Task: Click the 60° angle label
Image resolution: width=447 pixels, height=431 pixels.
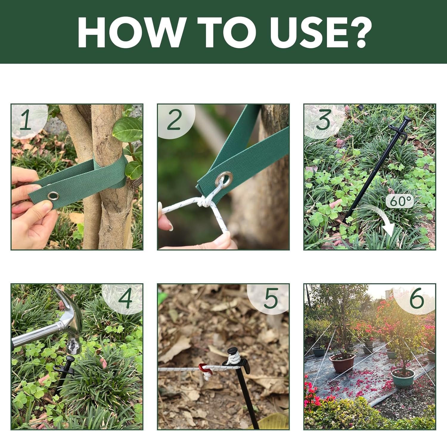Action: click(x=400, y=201)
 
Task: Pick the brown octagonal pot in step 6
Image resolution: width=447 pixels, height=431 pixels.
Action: click(x=342, y=363)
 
